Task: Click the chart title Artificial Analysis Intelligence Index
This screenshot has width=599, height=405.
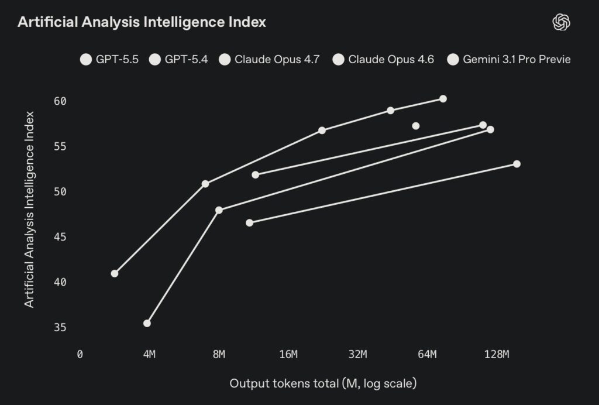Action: point(142,22)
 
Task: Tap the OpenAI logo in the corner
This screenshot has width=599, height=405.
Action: point(561,22)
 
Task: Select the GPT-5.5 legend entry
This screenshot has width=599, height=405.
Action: point(109,59)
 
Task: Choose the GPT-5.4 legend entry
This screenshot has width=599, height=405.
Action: point(179,59)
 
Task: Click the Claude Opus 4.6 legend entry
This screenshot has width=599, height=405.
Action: point(383,59)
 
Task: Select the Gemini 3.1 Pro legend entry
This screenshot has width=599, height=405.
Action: point(508,59)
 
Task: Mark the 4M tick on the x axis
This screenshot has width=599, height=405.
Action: point(149,354)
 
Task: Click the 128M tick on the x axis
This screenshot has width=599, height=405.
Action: point(497,354)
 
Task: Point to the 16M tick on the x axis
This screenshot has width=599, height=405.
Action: point(288,354)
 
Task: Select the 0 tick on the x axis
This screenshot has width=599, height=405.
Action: point(80,354)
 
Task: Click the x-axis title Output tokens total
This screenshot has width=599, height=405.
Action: point(323,384)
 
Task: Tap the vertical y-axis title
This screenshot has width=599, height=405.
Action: point(29,209)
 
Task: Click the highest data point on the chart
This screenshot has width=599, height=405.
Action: point(443,99)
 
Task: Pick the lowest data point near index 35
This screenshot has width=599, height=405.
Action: point(147,323)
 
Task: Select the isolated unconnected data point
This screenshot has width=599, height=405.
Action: point(416,126)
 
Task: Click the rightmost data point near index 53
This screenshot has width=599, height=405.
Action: point(517,164)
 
